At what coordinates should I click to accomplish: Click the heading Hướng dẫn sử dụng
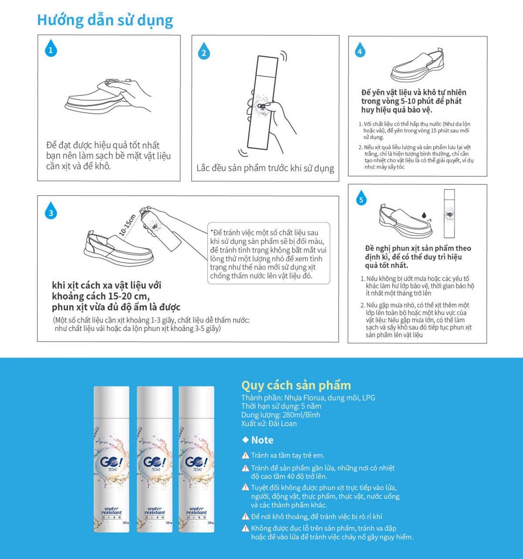coord(105,20)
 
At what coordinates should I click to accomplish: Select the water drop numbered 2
coord(204,51)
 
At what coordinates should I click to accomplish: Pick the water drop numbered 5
coord(361,198)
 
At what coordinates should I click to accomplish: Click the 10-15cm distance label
coord(127,225)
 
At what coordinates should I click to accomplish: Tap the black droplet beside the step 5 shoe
coord(424,215)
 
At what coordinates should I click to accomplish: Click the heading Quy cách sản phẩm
coord(296,385)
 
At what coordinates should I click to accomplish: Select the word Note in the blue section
coord(262,440)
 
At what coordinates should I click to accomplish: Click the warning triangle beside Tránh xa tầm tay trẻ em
coord(245,455)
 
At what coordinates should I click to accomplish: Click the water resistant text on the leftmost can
coord(112,511)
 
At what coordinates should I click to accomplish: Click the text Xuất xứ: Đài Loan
coord(269,423)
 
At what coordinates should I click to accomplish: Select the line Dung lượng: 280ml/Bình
coord(281,415)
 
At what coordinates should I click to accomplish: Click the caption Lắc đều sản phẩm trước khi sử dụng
coord(265,168)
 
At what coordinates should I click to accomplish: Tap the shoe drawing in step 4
coord(418,65)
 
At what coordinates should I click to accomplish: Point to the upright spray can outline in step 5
coord(449,213)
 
